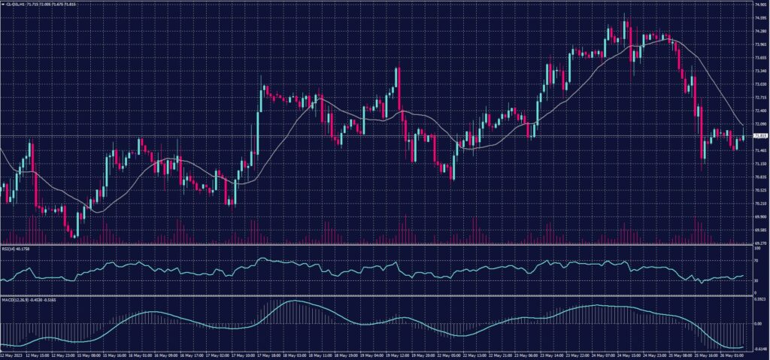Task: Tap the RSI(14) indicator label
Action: pos(11,247)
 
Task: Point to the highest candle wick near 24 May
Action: pos(625,16)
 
